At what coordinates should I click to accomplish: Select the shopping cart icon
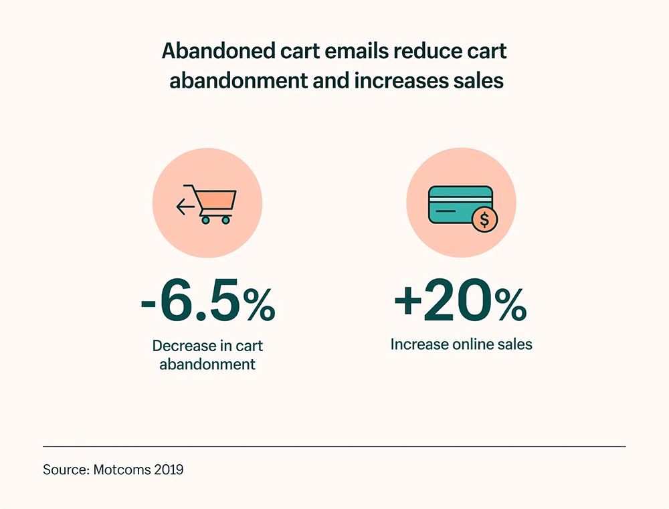pyautogui.click(x=216, y=203)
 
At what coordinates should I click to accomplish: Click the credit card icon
pyautogui.click(x=460, y=204)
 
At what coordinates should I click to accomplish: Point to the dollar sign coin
pyautogui.click(x=484, y=219)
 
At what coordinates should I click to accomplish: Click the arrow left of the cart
pyautogui.click(x=185, y=207)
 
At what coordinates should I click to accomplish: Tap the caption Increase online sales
pyautogui.click(x=461, y=344)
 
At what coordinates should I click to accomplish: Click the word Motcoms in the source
pyautogui.click(x=120, y=470)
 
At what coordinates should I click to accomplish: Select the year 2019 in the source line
pyautogui.click(x=167, y=470)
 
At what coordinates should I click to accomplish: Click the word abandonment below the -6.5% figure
pyautogui.click(x=207, y=365)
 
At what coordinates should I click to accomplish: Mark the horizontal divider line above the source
pyautogui.click(x=334, y=446)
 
